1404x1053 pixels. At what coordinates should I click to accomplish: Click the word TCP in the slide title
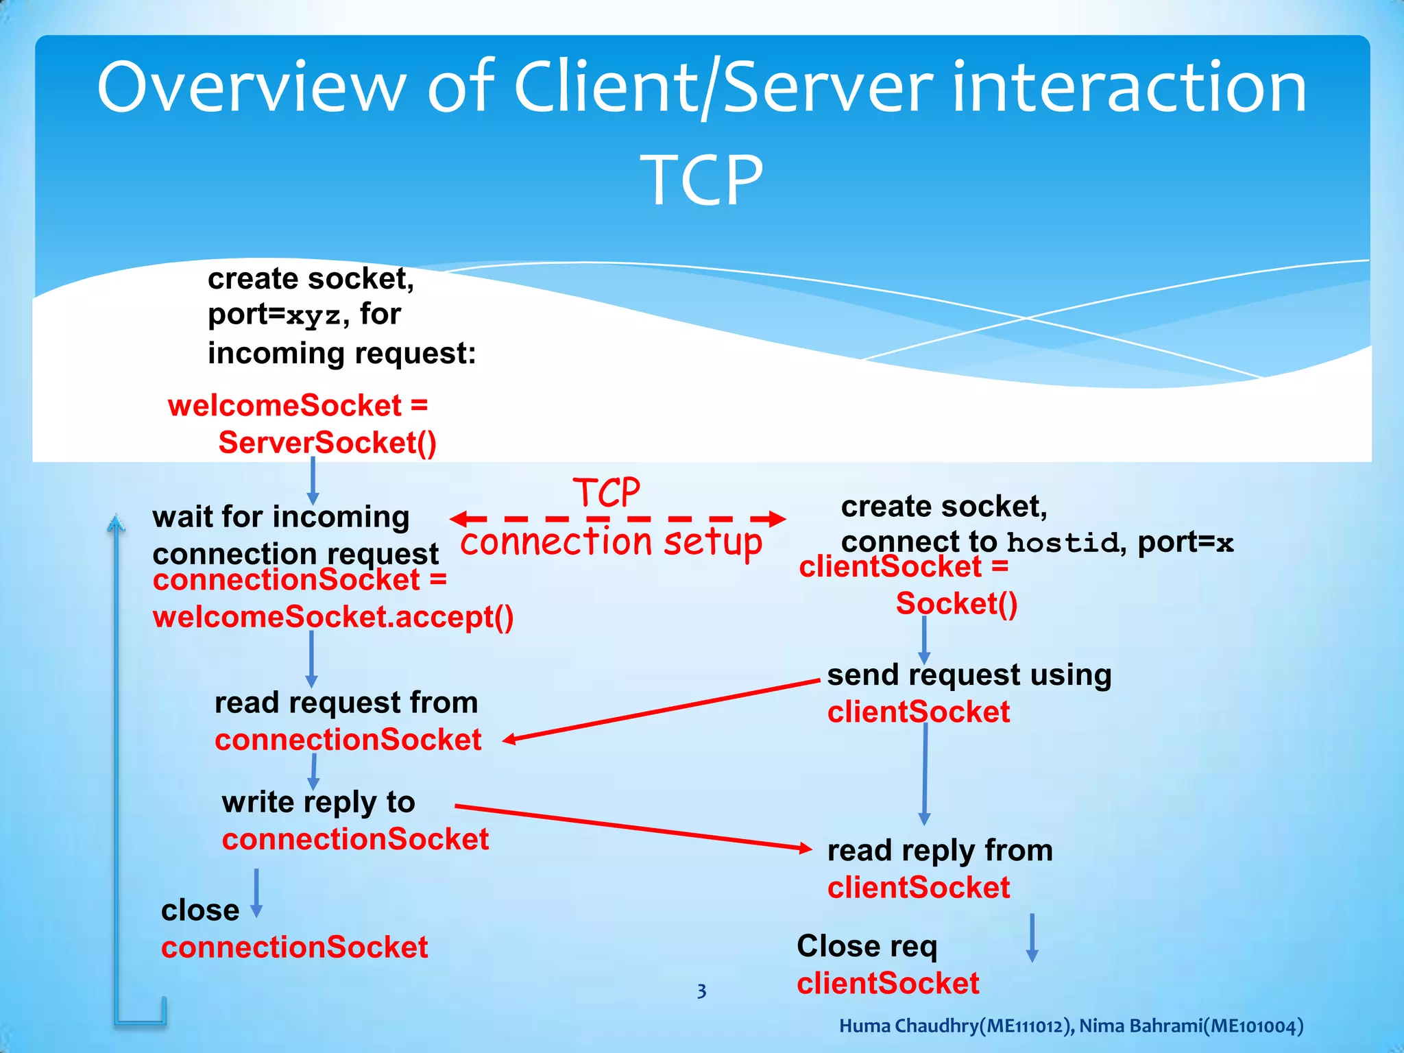pos(701,180)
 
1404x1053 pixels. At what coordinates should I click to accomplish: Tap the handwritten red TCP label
pos(607,492)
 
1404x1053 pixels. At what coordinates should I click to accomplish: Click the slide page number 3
pos(701,991)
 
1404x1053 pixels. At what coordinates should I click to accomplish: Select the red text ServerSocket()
pos(327,443)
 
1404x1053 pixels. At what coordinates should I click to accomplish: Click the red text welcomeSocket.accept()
pos(333,617)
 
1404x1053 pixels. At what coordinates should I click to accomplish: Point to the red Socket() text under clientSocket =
pos(956,603)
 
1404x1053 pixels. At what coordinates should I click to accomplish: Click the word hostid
pos(1063,543)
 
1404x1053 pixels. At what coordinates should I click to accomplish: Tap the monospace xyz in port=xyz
pos(313,316)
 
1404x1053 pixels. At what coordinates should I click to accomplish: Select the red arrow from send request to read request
pos(662,711)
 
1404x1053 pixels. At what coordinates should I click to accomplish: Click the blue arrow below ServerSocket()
pos(313,481)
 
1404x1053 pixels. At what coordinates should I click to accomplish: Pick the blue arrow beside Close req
pos(1032,938)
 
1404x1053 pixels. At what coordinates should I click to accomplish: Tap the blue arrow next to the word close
pos(256,893)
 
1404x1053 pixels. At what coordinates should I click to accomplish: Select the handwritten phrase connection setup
pos(611,542)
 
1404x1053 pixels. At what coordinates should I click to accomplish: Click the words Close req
pos(867,946)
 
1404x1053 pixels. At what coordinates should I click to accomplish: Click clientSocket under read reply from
pos(918,888)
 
